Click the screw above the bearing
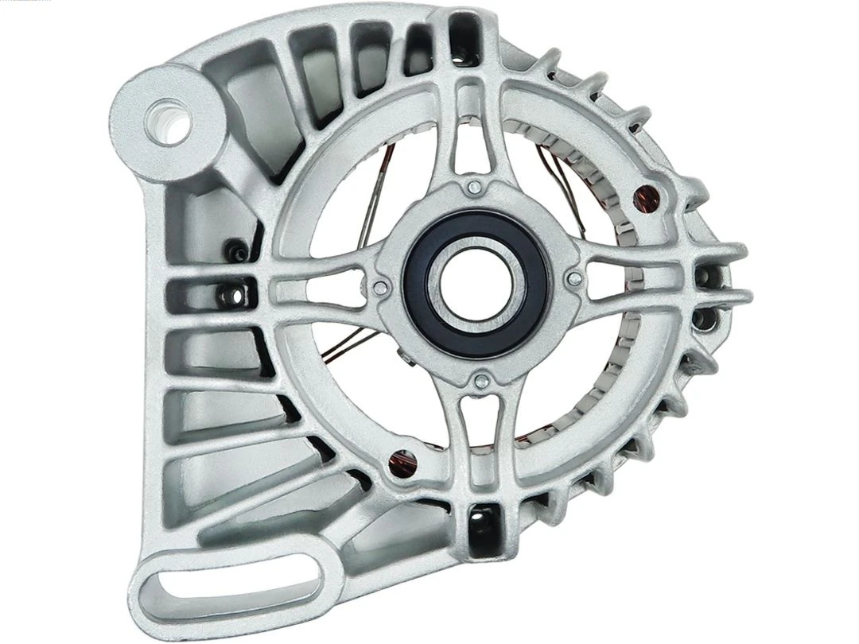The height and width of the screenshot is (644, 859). click(474, 188)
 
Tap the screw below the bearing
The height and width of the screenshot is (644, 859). click(479, 382)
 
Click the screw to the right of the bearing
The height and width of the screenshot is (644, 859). click(573, 277)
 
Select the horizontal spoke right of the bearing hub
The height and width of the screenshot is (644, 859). click(628, 274)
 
